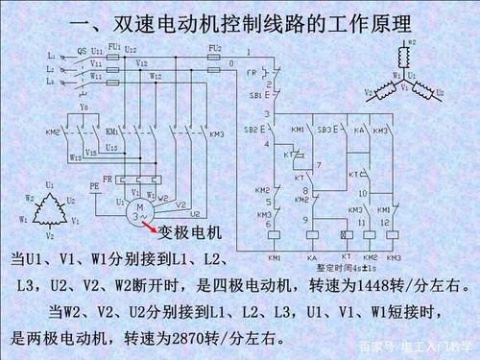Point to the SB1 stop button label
(255, 96)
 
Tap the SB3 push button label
(324, 128)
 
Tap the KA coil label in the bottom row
(312, 258)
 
